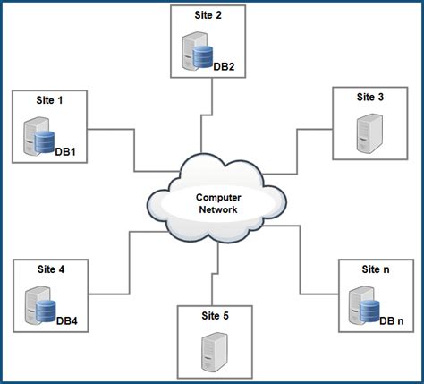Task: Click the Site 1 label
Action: click(x=48, y=101)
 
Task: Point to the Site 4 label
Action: click(x=49, y=269)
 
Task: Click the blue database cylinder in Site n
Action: click(x=369, y=309)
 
